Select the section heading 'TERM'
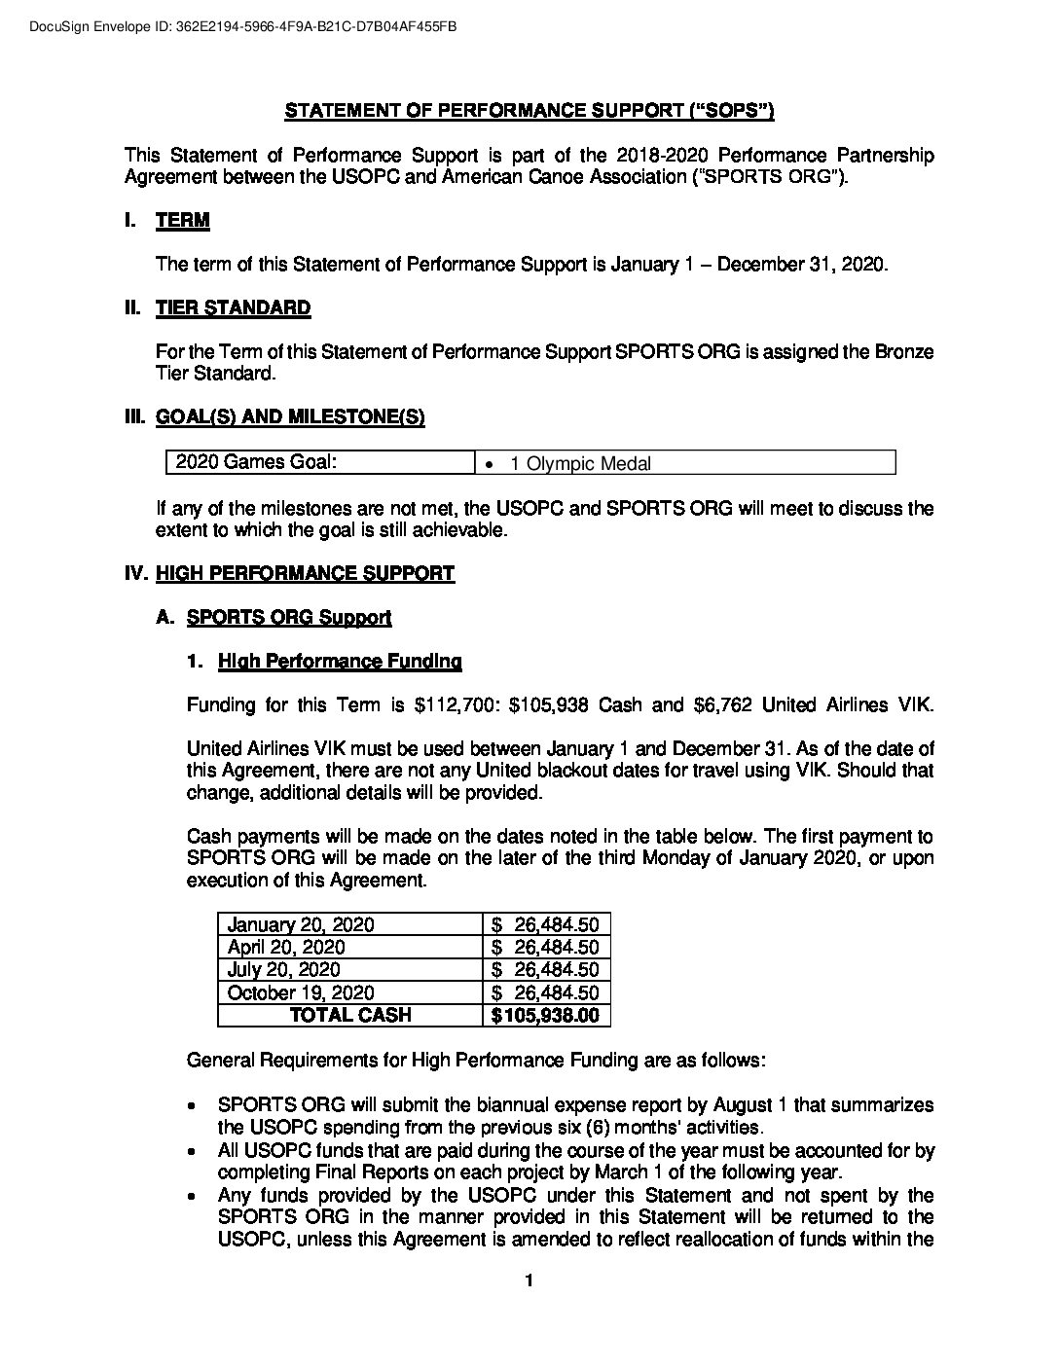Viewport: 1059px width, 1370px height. pyautogui.click(x=182, y=220)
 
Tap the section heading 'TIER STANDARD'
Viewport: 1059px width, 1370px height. pyautogui.click(x=233, y=308)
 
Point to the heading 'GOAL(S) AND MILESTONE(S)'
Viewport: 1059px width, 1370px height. pyautogui.click(x=290, y=417)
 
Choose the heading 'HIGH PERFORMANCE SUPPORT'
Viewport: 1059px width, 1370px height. pyautogui.click(x=305, y=573)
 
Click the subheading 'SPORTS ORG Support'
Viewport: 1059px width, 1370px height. pyautogui.click(x=288, y=617)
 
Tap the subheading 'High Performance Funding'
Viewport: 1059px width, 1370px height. pyautogui.click(x=340, y=662)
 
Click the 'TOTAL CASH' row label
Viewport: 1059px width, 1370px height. pyautogui.click(x=350, y=1016)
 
